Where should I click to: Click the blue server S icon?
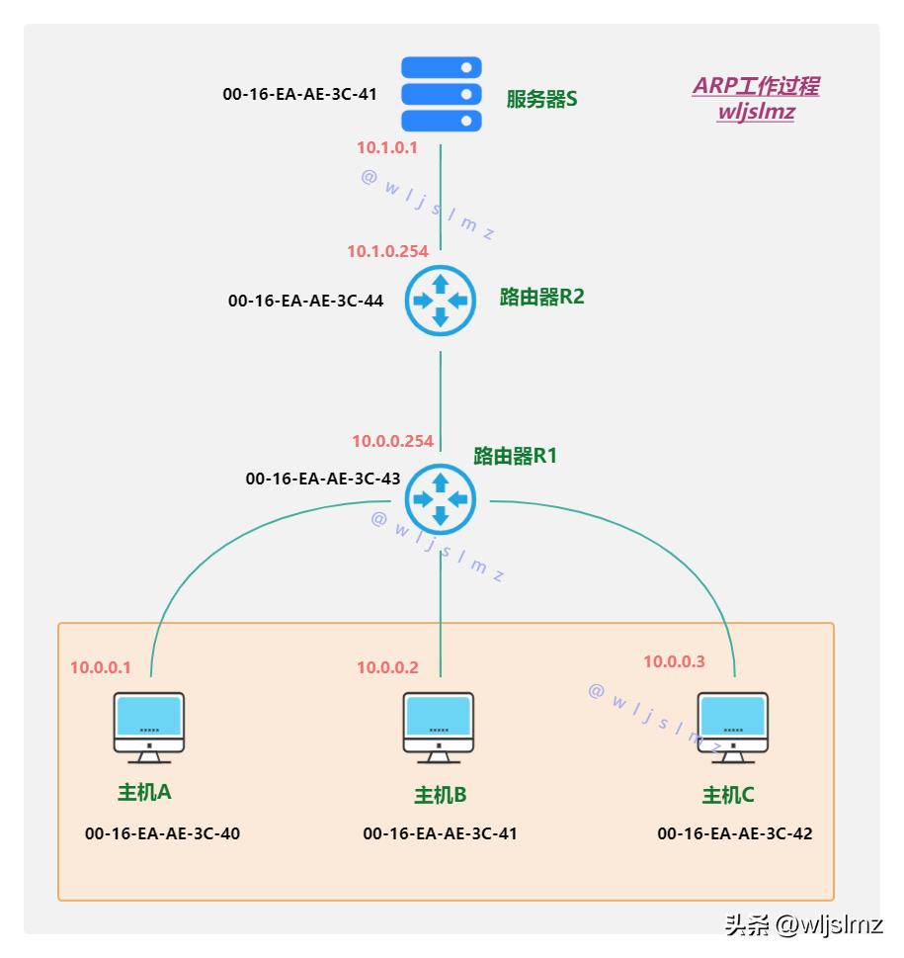pyautogui.click(x=441, y=94)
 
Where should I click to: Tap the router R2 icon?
pyautogui.click(x=441, y=301)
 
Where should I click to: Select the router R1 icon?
pyautogui.click(x=441, y=497)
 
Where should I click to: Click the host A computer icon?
pyautogui.click(x=148, y=728)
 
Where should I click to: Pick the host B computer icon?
pyautogui.click(x=439, y=728)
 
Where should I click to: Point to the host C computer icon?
pyautogui.click(x=732, y=728)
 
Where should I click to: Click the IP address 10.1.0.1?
pyautogui.click(x=387, y=148)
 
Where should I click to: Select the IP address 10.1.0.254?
pyautogui.click(x=387, y=251)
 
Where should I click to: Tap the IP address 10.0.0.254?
pyautogui.click(x=392, y=441)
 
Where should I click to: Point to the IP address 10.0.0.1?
pyautogui.click(x=100, y=667)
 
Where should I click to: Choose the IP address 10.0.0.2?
pyautogui.click(x=387, y=667)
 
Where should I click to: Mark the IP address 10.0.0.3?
pyautogui.click(x=674, y=661)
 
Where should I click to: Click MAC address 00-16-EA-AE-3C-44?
pyautogui.click(x=305, y=301)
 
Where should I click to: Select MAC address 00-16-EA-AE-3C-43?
pyautogui.click(x=323, y=479)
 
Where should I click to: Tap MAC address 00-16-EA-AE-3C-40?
pyautogui.click(x=163, y=833)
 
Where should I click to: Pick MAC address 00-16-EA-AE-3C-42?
pyautogui.click(x=735, y=833)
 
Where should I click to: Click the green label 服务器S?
pyautogui.click(x=541, y=99)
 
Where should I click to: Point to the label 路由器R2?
pyautogui.click(x=541, y=297)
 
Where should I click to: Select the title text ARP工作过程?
pyautogui.click(x=756, y=86)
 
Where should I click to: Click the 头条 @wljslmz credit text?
pyautogui.click(x=803, y=925)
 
